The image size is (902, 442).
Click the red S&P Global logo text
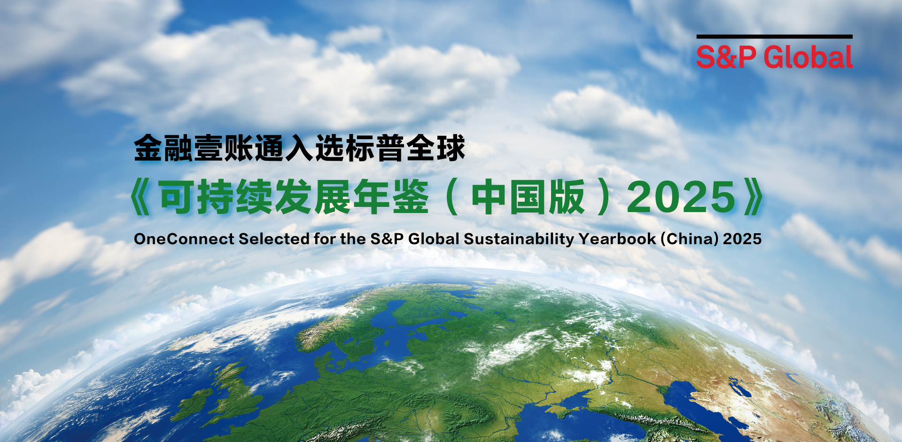point(774,57)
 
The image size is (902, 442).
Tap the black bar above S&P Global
point(774,36)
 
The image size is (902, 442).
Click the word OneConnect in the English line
point(184,239)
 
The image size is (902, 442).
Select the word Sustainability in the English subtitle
point(519,239)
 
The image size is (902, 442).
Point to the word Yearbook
point(617,239)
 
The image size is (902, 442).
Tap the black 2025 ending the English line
point(742,239)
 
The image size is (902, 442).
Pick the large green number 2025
point(681,197)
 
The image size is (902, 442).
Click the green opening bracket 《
point(141,197)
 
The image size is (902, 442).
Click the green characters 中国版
point(528,197)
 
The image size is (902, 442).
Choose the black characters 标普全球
point(404,148)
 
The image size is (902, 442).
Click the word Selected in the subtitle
point(274,239)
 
